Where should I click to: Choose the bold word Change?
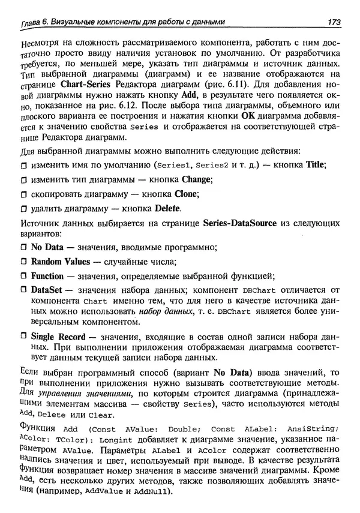(193, 179)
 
